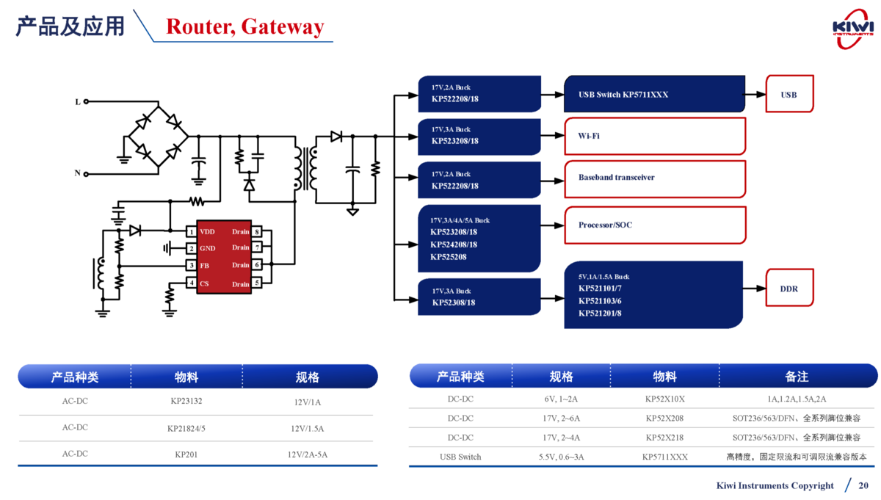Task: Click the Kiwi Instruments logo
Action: click(x=852, y=28)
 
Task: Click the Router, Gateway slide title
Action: click(x=244, y=26)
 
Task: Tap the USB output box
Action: click(x=789, y=94)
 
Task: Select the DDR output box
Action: click(x=789, y=289)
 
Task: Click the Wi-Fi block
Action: click(x=654, y=136)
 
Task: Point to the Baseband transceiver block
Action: click(x=654, y=178)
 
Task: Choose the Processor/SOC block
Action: click(x=654, y=225)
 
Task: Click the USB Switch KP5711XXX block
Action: click(x=654, y=94)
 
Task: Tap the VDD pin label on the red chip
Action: click(x=208, y=231)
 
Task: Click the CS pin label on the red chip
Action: click(x=204, y=283)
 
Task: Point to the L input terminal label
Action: click(x=78, y=102)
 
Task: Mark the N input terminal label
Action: click(x=77, y=173)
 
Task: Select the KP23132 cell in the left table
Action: click(x=186, y=402)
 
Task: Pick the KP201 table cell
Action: click(x=186, y=454)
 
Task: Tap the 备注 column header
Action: click(x=797, y=377)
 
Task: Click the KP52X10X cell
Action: click(x=664, y=399)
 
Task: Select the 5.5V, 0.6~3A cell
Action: click(x=561, y=457)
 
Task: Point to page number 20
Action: click(x=863, y=485)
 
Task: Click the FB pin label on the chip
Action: click(x=205, y=265)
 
